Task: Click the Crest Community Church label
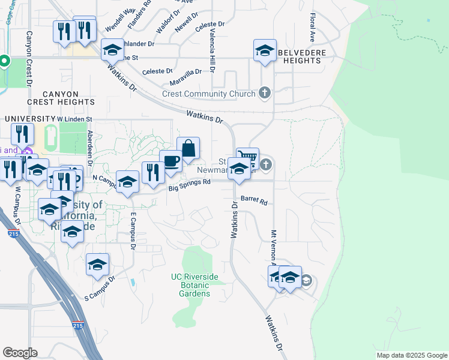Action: pyautogui.click(x=209, y=94)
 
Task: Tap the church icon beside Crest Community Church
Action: pyautogui.click(x=264, y=93)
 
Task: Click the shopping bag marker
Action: pyautogui.click(x=188, y=148)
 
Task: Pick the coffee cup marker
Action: pyautogui.click(x=171, y=161)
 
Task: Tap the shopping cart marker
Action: pyautogui.click(x=247, y=158)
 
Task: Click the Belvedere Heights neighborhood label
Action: pyautogui.click(x=303, y=56)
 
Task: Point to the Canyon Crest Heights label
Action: pyautogui.click(x=61, y=98)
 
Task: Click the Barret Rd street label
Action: pyautogui.click(x=254, y=200)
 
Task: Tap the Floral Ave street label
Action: pyautogui.click(x=313, y=28)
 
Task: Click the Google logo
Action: pyautogui.click(x=20, y=352)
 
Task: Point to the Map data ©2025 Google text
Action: pyautogui.click(x=411, y=355)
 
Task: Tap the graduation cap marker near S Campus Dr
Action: pyautogui.click(x=98, y=265)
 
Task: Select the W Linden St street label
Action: pyautogui.click(x=74, y=119)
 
